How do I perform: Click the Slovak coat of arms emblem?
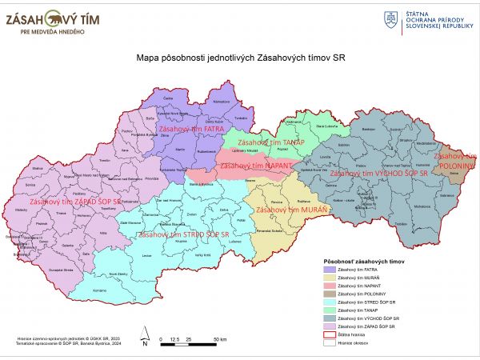tap(391, 18)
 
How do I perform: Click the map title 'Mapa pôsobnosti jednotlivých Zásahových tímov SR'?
tap(240, 58)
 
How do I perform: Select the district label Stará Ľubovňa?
tap(328, 126)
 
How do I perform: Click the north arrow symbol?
tap(142, 335)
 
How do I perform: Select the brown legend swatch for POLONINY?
tap(328, 294)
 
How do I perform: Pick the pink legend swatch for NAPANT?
tap(328, 286)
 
